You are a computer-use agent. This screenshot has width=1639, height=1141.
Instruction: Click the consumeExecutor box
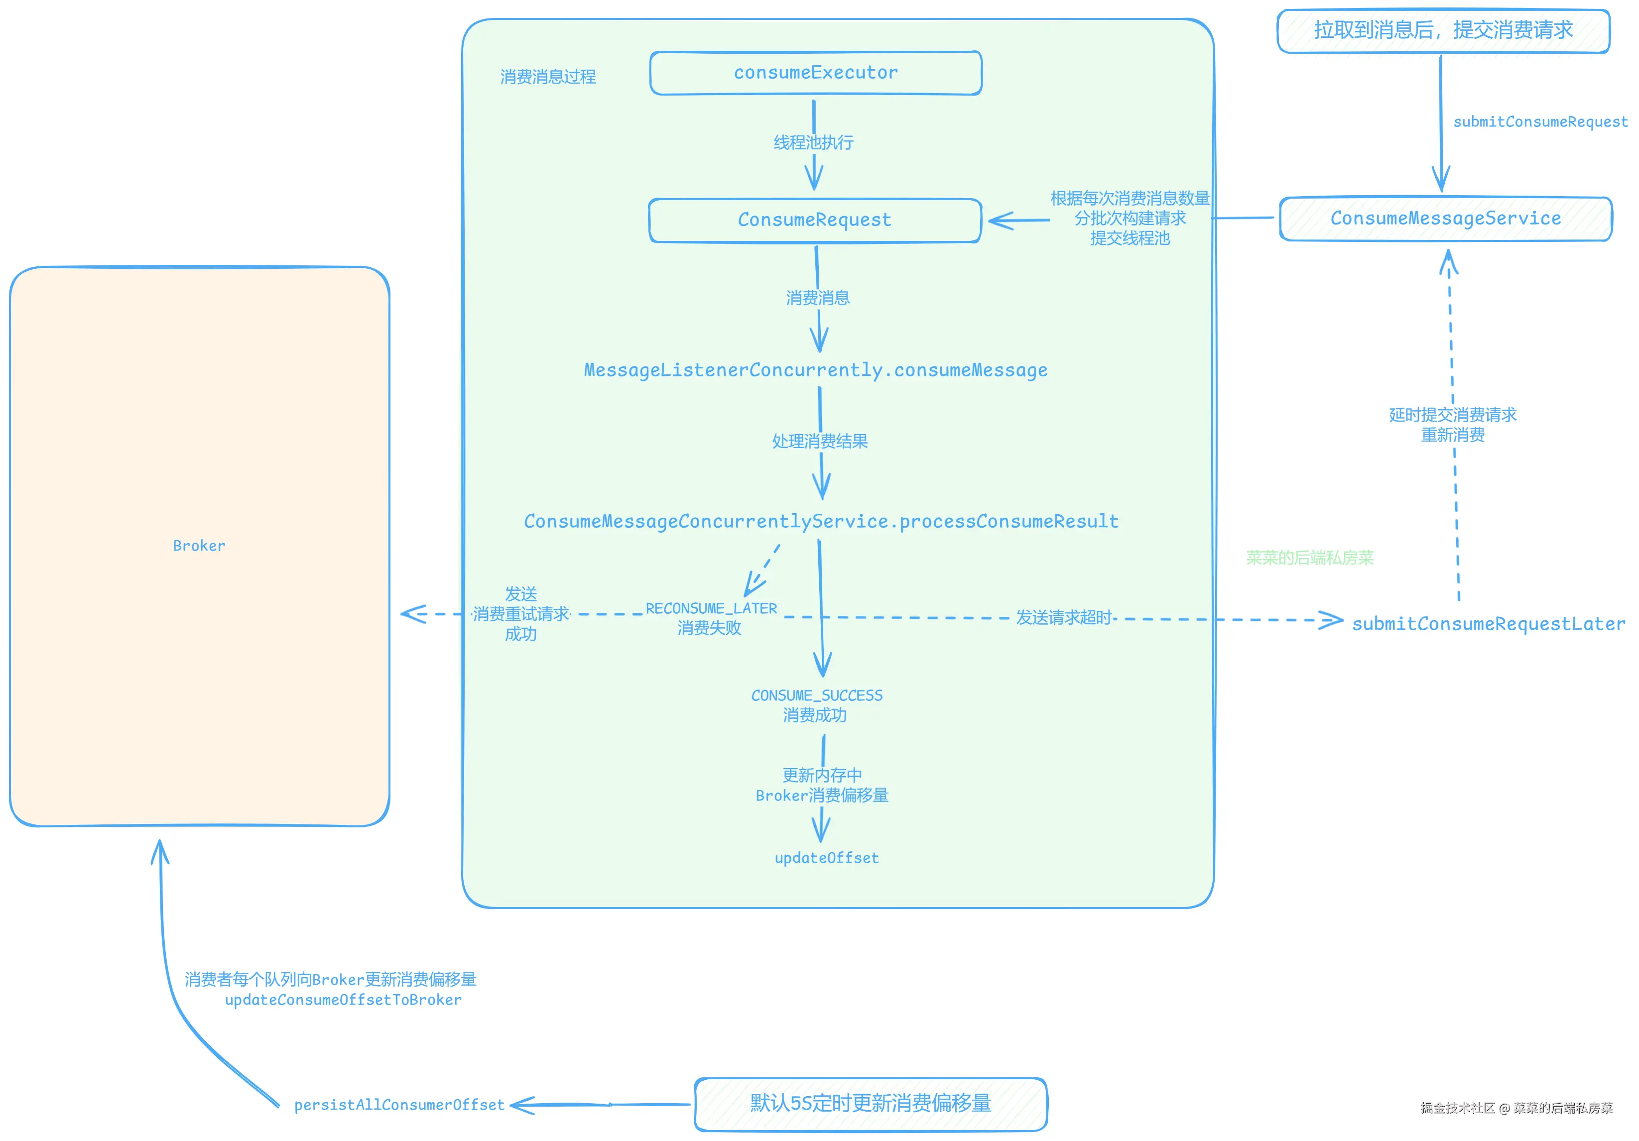point(815,73)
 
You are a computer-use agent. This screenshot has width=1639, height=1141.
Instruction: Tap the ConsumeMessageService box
point(1446,219)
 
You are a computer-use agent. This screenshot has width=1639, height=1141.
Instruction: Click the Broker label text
point(199,546)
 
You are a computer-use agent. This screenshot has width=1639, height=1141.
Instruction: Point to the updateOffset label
point(827,858)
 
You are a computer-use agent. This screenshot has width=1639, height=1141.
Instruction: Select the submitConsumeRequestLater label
point(1489,624)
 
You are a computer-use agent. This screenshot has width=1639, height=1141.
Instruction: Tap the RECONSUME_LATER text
point(711,609)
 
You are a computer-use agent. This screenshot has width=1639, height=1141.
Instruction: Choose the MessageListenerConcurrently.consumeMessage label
point(815,370)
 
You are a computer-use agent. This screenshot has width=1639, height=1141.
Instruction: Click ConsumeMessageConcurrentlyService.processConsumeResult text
point(821,522)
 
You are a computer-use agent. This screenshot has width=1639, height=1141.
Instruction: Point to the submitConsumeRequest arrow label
point(1540,122)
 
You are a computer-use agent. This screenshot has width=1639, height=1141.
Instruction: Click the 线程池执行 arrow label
point(813,143)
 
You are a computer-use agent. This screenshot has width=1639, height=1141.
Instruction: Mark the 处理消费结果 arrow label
point(820,441)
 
